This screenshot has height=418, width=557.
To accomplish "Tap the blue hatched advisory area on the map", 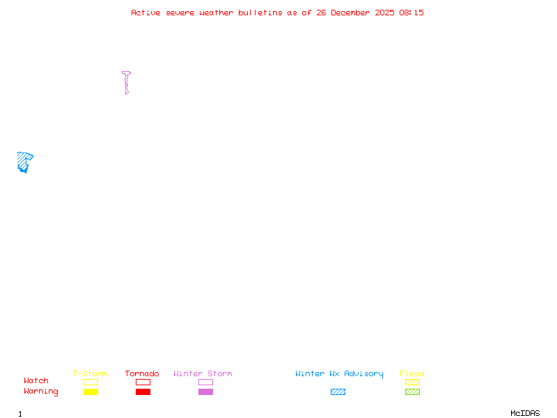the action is pyautogui.click(x=24, y=161).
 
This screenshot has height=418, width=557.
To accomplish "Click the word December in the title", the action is pyautogui.click(x=354, y=13).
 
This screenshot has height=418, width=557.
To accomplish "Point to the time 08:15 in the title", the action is pyautogui.click(x=411, y=13).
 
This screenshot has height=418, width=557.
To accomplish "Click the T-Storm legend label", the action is pyautogui.click(x=90, y=374).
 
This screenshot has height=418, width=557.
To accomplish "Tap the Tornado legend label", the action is pyautogui.click(x=142, y=374).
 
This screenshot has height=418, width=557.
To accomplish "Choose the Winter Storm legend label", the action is pyautogui.click(x=203, y=374).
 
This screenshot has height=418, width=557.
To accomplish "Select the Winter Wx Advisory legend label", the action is pyautogui.click(x=339, y=374).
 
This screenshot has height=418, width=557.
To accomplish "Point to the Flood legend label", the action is pyautogui.click(x=412, y=374).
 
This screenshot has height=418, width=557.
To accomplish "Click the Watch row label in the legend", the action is pyautogui.click(x=36, y=381).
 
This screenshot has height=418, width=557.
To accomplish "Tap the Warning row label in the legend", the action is pyautogui.click(x=41, y=392).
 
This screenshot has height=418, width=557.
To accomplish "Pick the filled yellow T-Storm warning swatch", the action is pyautogui.click(x=91, y=392).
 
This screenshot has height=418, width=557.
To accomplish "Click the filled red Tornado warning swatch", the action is pyautogui.click(x=143, y=392).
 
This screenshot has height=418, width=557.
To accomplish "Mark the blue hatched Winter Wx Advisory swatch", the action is pyautogui.click(x=338, y=392).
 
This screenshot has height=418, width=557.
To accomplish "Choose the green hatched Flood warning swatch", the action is pyautogui.click(x=412, y=392).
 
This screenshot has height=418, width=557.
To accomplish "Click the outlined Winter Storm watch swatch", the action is pyautogui.click(x=205, y=382).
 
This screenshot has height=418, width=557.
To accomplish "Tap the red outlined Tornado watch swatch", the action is pyautogui.click(x=143, y=382).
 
